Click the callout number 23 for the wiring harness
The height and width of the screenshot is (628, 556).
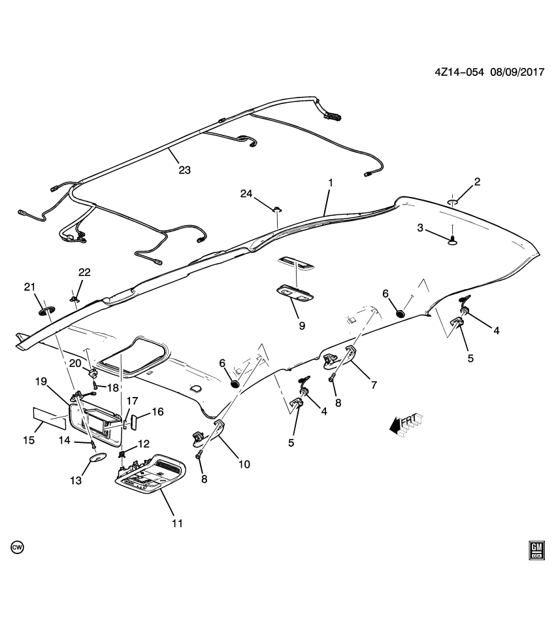[184, 169]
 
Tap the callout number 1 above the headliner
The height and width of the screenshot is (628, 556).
[330, 183]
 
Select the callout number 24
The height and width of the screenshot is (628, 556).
[246, 193]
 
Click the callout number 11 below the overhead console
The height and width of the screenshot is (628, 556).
[176, 523]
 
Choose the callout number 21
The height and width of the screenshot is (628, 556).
[29, 287]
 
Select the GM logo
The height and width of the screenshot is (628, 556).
[536, 550]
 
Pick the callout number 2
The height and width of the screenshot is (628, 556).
[477, 181]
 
